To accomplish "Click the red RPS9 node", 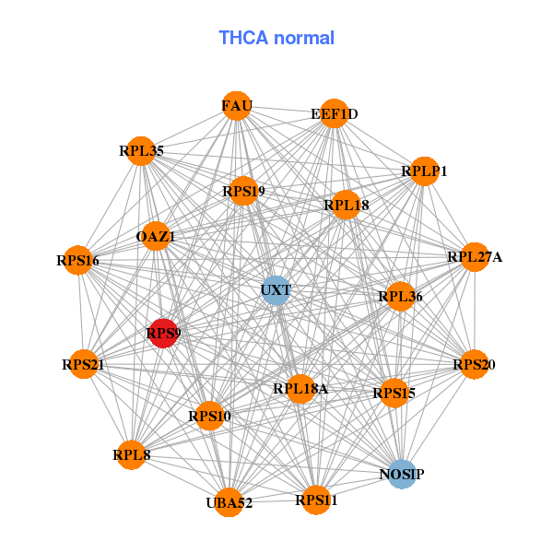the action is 163,334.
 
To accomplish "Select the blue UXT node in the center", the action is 276,290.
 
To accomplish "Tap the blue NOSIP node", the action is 402,474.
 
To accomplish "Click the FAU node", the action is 237,106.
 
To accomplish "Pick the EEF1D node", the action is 335,113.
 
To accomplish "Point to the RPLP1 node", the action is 425,171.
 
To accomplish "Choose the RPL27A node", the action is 475,257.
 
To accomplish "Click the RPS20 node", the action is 475,364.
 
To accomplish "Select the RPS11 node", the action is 316,500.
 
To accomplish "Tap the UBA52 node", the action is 229,502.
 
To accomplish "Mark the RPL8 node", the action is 131,455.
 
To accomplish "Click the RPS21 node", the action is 84,364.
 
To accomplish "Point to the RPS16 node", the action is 78,260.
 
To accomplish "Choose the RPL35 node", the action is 141,151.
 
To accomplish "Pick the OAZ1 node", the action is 156,236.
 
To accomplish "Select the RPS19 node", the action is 243,191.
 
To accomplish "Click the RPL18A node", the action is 300,389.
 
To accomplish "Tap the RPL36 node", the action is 400,297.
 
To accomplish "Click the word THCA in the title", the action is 243,38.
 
